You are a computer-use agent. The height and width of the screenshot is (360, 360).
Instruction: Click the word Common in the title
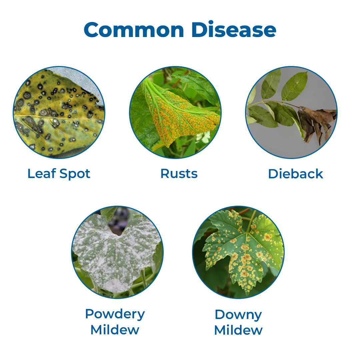click(134, 30)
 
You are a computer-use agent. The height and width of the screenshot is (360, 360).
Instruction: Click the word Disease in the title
click(233, 29)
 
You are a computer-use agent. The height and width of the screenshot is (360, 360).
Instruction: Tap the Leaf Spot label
click(59, 174)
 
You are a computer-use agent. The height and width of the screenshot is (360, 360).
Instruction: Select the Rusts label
click(179, 174)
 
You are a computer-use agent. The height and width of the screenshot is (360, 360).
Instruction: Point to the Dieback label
click(295, 174)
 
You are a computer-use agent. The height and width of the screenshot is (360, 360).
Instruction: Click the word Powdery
click(115, 314)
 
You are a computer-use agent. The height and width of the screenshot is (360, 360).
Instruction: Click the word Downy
click(238, 315)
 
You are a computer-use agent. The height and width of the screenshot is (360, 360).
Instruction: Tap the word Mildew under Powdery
click(115, 330)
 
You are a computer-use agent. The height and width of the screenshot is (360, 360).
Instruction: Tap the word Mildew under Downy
click(238, 330)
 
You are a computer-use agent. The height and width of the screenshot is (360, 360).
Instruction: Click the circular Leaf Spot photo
click(59, 112)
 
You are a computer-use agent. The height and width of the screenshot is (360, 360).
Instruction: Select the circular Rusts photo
click(175, 112)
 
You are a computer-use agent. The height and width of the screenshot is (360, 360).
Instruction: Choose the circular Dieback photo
click(291, 112)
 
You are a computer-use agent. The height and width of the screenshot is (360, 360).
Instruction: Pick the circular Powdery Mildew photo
click(117, 252)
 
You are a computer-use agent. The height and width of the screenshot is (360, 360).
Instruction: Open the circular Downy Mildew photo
click(238, 252)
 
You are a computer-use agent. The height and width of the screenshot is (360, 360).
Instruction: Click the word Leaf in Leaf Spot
click(42, 173)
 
